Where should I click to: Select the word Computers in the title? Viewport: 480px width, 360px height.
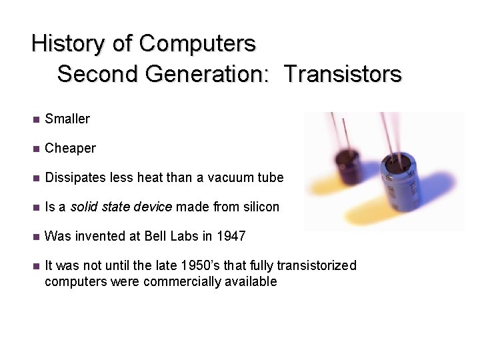[197, 44]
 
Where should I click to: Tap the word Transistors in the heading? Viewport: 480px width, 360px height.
[343, 74]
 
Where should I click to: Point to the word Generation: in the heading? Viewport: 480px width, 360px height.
[207, 74]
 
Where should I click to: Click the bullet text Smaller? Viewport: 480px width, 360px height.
[67, 119]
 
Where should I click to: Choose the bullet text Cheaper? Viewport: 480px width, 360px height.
[70, 149]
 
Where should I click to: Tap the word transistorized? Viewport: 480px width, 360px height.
[317, 266]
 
